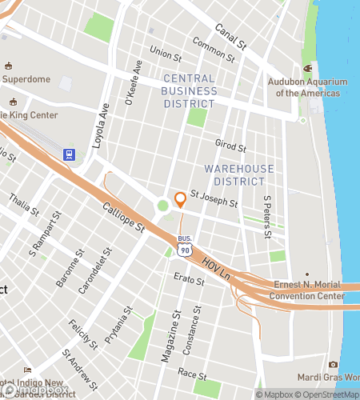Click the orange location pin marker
point(180,198)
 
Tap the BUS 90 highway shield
point(185,248)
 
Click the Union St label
point(166,54)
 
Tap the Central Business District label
point(189,90)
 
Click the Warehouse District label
point(238,175)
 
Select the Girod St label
point(230,143)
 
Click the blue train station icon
point(70,154)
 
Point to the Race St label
point(194,374)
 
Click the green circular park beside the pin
point(163,206)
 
